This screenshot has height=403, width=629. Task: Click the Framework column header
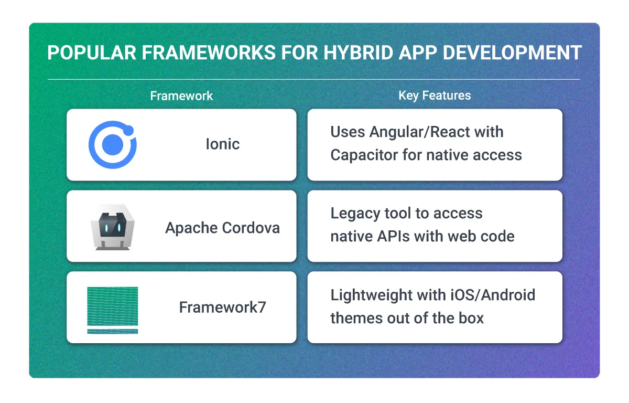(x=181, y=96)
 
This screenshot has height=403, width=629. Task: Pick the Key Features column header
(x=435, y=96)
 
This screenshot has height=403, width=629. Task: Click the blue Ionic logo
(x=112, y=144)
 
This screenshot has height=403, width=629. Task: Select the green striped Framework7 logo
(x=112, y=310)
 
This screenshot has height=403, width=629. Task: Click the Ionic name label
(x=222, y=144)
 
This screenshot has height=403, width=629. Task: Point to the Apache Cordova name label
(x=222, y=228)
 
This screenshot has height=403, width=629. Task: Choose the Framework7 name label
(x=222, y=307)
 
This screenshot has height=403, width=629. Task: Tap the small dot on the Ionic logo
(x=130, y=130)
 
